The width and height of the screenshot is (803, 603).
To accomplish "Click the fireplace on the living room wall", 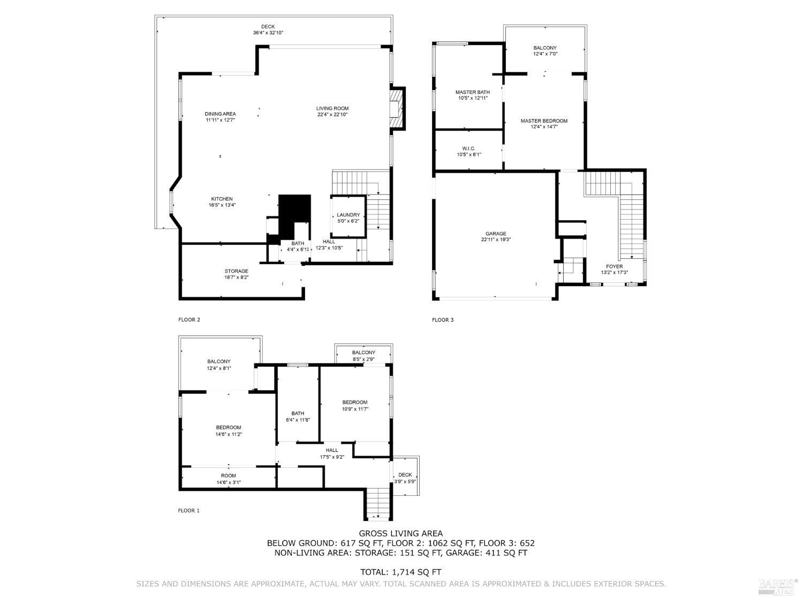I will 396,109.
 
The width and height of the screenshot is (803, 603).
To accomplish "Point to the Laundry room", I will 349,218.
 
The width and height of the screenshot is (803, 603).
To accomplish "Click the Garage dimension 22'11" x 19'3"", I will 496,240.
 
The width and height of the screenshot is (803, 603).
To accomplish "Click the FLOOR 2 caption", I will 189,320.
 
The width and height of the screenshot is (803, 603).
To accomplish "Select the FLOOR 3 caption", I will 443,320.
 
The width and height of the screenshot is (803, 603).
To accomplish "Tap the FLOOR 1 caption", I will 188,511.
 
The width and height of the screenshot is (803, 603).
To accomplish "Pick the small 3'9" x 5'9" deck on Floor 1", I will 405,478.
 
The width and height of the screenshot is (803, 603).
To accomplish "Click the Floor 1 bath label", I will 298,416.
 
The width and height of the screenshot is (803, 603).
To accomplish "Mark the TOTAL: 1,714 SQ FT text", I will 400,572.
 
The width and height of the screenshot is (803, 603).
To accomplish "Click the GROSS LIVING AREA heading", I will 400,533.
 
